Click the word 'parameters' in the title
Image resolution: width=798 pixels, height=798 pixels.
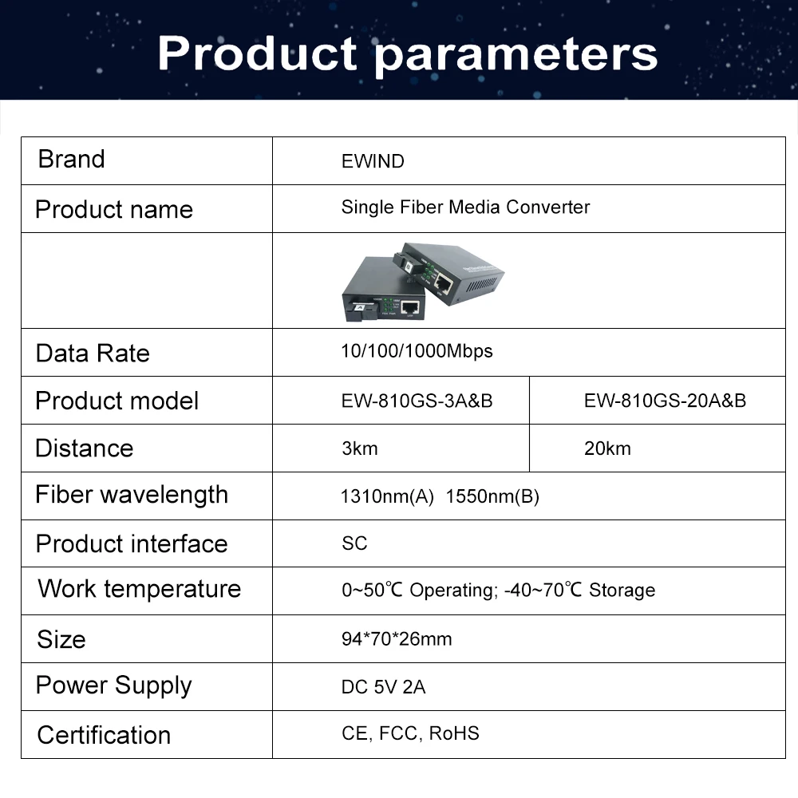[x=516, y=54]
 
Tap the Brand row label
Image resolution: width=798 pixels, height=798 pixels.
[x=71, y=160]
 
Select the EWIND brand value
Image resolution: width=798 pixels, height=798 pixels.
[x=373, y=161]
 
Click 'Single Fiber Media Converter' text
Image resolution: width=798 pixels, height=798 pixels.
[x=465, y=207]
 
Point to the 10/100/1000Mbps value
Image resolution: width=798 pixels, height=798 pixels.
[x=417, y=351]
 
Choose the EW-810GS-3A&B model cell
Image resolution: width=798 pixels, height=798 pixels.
[x=417, y=401]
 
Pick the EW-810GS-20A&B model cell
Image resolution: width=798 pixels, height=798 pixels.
[x=665, y=401]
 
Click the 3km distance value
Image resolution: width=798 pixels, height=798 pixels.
[x=359, y=448]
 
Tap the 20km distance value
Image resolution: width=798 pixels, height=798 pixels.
[x=607, y=448]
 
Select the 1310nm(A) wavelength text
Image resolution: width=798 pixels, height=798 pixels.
[x=387, y=497]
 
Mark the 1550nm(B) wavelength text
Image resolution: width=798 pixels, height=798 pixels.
[x=492, y=497]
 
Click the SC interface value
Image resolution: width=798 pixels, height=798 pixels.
[x=354, y=543]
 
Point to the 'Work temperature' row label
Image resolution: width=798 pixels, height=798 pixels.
[x=139, y=589]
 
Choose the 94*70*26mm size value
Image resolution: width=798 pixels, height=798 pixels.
[x=397, y=639]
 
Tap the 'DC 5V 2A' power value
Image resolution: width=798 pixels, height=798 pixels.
[x=383, y=687]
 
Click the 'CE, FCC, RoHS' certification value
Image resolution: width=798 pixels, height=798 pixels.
[x=410, y=733]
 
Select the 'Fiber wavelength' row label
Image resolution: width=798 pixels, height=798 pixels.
[x=132, y=495]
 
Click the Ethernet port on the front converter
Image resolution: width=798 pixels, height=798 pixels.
[x=411, y=306]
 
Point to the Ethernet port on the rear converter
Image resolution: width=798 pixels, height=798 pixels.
[x=444, y=282]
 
